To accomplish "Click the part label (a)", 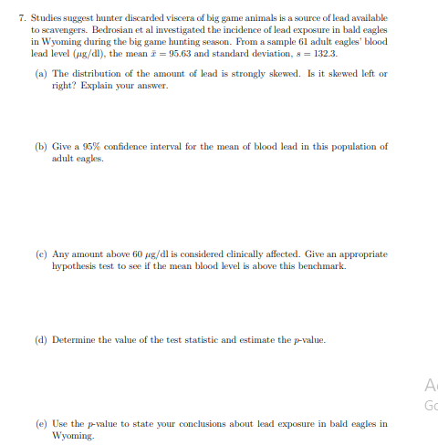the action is click(40, 73).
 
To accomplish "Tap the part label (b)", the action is click(40, 146).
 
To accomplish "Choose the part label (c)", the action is click(40, 254).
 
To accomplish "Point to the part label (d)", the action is click(40, 340).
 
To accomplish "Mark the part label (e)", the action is click(40, 423).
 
